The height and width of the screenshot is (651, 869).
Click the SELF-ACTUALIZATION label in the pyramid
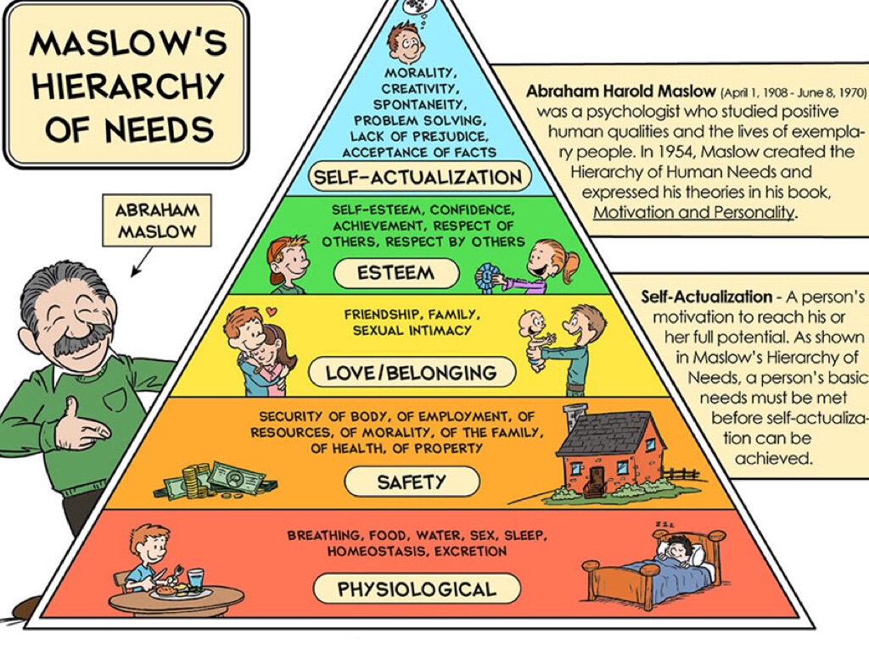(x=417, y=176)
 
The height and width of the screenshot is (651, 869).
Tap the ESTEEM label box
(x=396, y=273)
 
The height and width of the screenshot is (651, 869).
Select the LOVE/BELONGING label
(x=411, y=372)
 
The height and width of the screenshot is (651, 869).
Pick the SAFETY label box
(x=412, y=481)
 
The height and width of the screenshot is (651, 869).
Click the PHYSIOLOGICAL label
(x=416, y=588)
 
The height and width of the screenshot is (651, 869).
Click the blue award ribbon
(x=485, y=275)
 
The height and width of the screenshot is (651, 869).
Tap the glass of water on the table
(x=196, y=579)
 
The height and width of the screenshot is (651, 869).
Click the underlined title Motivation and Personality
(x=693, y=212)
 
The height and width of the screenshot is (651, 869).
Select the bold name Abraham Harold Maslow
(x=621, y=92)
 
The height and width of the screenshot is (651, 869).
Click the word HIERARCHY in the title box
(x=126, y=85)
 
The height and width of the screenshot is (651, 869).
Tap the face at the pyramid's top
(x=406, y=38)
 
